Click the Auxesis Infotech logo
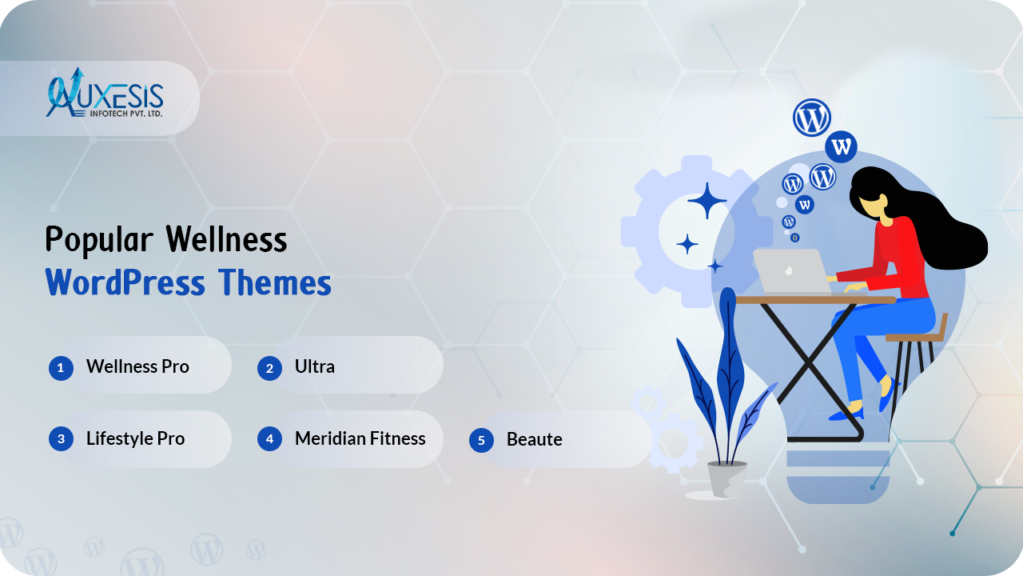click(x=105, y=93)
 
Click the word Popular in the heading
click(x=99, y=239)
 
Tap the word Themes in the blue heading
click(x=274, y=282)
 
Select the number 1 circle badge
click(x=61, y=368)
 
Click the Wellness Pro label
click(x=137, y=366)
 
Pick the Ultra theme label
click(x=315, y=366)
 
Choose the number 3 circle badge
click(x=61, y=439)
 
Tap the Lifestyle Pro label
click(x=136, y=439)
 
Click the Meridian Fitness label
click(x=360, y=439)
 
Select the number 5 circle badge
click(x=481, y=440)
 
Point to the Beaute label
click(x=535, y=439)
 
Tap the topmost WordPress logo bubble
click(x=811, y=118)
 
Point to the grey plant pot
click(x=727, y=478)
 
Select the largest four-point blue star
click(x=707, y=200)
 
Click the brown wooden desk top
click(x=816, y=300)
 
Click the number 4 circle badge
click(x=269, y=439)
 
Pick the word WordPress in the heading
click(x=125, y=282)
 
